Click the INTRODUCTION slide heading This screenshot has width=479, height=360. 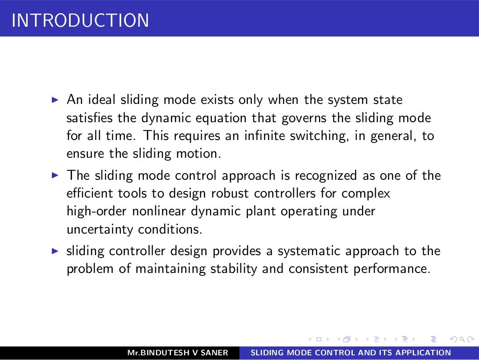click(80, 21)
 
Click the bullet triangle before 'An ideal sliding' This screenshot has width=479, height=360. click(55, 100)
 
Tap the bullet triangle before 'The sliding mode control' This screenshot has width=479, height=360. click(55, 176)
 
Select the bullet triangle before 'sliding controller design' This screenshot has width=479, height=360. click(55, 251)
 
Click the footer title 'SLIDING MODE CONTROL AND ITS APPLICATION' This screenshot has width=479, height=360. click(351, 353)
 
